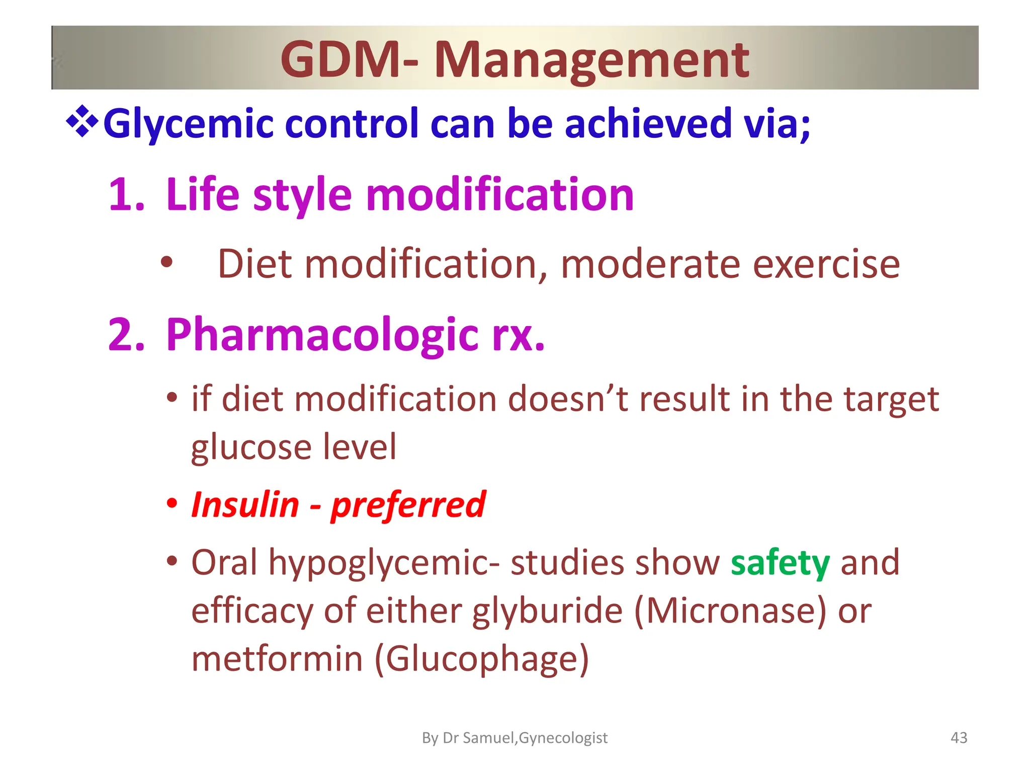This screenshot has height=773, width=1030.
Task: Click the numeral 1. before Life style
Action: (127, 195)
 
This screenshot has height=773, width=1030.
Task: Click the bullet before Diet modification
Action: (166, 263)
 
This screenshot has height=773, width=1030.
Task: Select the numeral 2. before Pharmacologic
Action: (127, 335)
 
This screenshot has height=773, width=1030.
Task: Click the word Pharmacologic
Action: (322, 336)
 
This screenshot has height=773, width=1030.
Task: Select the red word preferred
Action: (408, 505)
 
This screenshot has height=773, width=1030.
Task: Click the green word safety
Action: (780, 563)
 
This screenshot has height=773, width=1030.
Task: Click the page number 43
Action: (959, 738)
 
